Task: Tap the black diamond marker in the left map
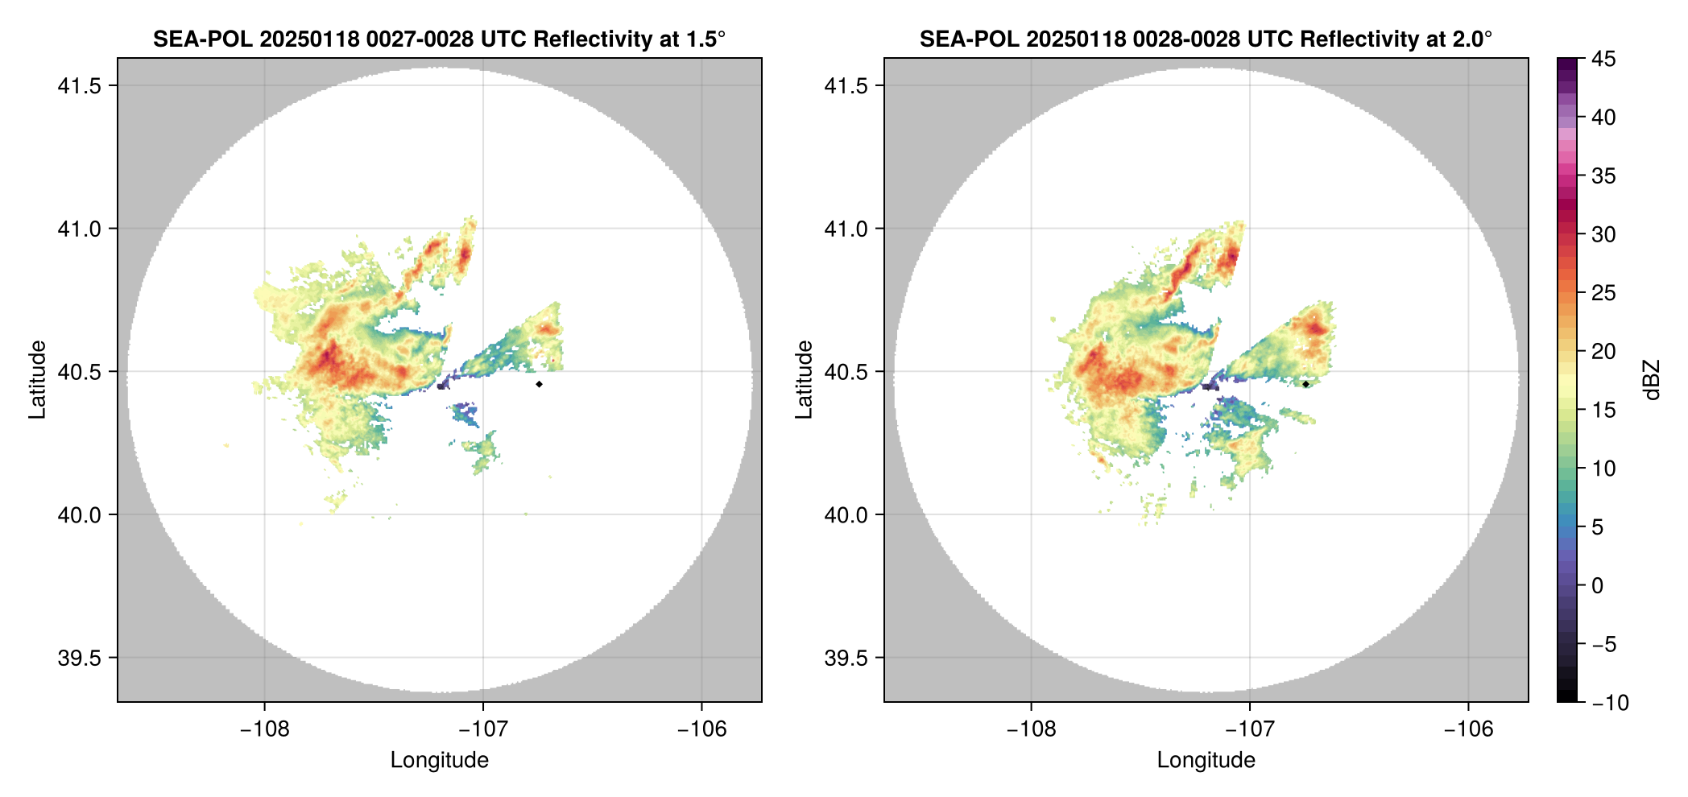coord(539,384)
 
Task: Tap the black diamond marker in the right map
coord(1305,384)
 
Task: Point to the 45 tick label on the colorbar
coord(1603,59)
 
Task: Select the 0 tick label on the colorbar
coord(1598,585)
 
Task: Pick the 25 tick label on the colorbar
coord(1603,293)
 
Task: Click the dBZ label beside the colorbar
coord(1652,380)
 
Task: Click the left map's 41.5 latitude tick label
coord(79,85)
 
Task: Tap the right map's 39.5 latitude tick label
coord(846,658)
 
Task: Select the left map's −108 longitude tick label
coord(264,729)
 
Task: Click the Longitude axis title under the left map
coord(440,760)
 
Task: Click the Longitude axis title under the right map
coord(1206,760)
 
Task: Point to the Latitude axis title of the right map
coord(804,380)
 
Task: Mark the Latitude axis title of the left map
coord(37,380)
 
